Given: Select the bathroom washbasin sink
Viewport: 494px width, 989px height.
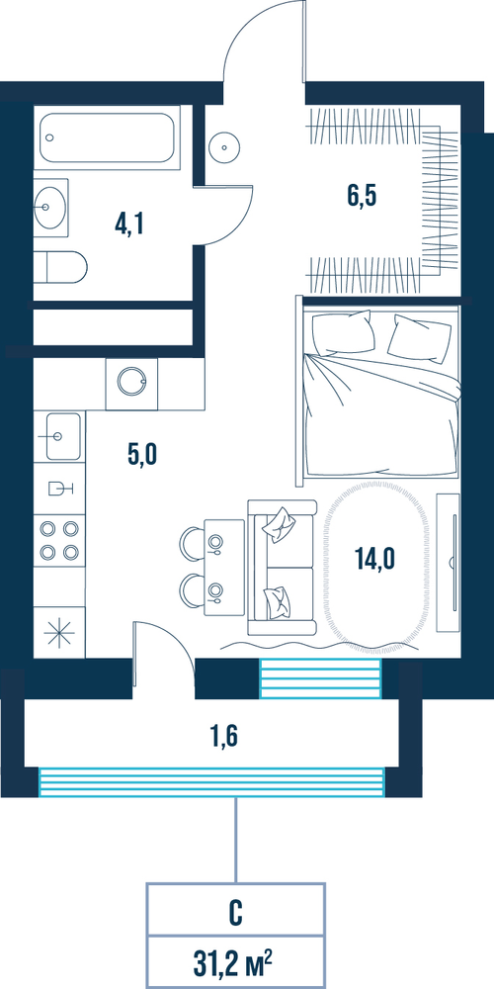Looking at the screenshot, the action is coord(50,207).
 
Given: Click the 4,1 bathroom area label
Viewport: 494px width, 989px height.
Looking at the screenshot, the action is coord(129,223).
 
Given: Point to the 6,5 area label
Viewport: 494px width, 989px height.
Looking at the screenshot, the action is coord(361,196).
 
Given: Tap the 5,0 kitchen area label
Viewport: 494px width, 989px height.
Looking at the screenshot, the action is coord(141,453).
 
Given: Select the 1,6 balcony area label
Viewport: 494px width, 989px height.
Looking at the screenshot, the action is coord(223,735).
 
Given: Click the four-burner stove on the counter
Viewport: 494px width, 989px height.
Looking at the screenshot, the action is coord(59,540).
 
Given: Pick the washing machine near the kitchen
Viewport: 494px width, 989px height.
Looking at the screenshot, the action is coord(131,385).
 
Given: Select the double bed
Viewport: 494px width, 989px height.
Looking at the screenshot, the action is coord(378,392).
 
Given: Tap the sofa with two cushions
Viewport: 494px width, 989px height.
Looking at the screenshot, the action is coord(282,567).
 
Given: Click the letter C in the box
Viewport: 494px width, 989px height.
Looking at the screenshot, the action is coord(236,913).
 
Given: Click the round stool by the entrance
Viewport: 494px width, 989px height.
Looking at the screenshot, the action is coord(222,145).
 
